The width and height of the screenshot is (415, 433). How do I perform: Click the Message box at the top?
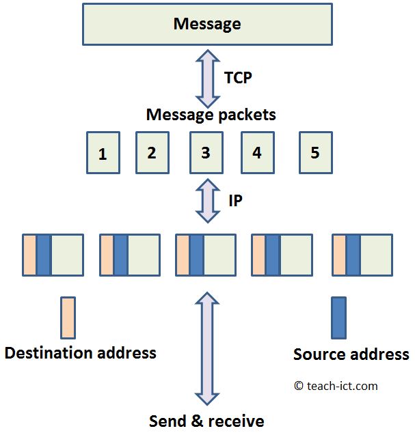tap(206, 25)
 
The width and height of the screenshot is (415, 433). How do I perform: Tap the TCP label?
tap(238, 78)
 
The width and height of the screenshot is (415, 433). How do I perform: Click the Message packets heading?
tap(211, 114)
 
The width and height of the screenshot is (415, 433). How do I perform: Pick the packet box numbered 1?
tap(103, 153)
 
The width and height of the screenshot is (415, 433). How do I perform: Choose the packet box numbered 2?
tap(152, 152)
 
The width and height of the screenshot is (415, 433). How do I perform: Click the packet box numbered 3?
tap(206, 152)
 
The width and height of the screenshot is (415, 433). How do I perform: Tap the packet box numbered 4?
tap(257, 152)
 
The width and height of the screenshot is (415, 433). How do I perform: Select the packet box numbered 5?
tap(315, 151)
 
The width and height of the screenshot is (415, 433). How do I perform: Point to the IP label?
tap(235, 201)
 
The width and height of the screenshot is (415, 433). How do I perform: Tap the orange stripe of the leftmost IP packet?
tap(29, 255)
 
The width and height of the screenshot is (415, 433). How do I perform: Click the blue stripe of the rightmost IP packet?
tap(353, 255)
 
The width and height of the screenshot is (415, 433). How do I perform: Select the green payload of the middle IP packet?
tap(219, 255)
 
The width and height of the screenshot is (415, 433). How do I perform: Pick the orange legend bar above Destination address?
tap(68, 318)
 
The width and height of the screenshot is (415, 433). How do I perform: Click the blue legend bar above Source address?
tap(338, 318)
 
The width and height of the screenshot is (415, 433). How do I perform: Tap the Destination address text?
tap(81, 353)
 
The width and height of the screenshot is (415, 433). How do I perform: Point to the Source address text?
tap(351, 354)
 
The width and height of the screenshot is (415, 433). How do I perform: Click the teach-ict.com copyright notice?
tap(336, 386)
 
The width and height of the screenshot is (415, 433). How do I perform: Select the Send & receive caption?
tap(206, 421)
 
